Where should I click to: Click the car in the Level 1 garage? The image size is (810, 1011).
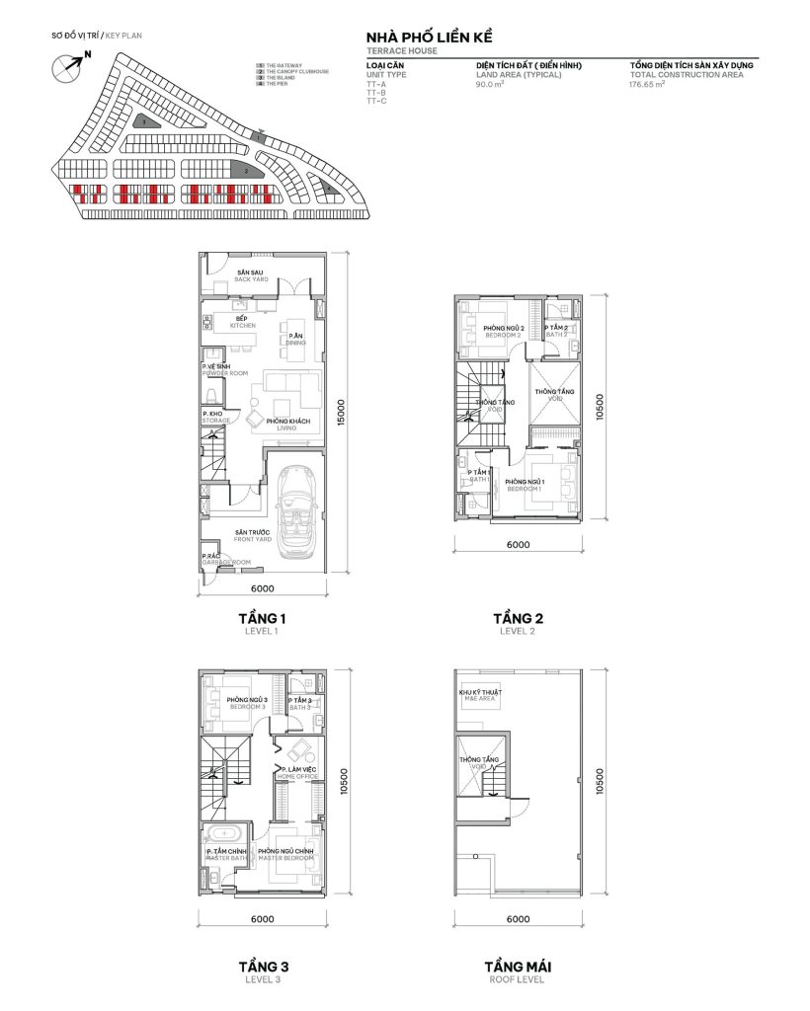pyautogui.click(x=294, y=512)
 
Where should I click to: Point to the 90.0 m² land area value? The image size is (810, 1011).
pyautogui.click(x=489, y=85)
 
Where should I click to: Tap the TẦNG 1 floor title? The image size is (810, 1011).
pyautogui.click(x=262, y=619)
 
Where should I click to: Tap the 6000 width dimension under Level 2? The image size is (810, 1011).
pyautogui.click(x=518, y=544)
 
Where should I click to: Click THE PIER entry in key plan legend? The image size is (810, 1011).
pyautogui.click(x=276, y=85)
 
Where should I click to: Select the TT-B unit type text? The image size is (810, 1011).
pyautogui.click(x=376, y=94)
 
